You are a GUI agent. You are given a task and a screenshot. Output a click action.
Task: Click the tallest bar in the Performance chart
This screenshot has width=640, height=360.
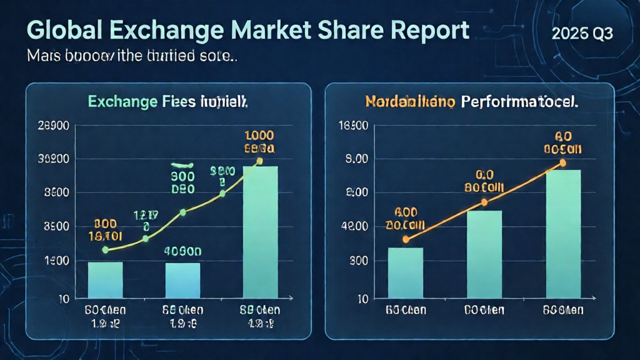tap(563, 233)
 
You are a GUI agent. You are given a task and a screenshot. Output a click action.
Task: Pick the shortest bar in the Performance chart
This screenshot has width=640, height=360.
tap(406, 272)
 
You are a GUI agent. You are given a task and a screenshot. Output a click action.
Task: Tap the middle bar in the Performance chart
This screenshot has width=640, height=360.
tap(484, 254)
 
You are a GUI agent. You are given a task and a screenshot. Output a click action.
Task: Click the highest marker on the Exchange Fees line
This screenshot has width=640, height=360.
tap(259, 161)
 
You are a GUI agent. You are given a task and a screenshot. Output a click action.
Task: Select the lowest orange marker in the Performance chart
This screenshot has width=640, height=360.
tap(406, 239)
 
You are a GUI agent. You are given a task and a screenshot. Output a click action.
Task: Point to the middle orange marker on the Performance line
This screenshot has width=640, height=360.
tap(484, 202)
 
